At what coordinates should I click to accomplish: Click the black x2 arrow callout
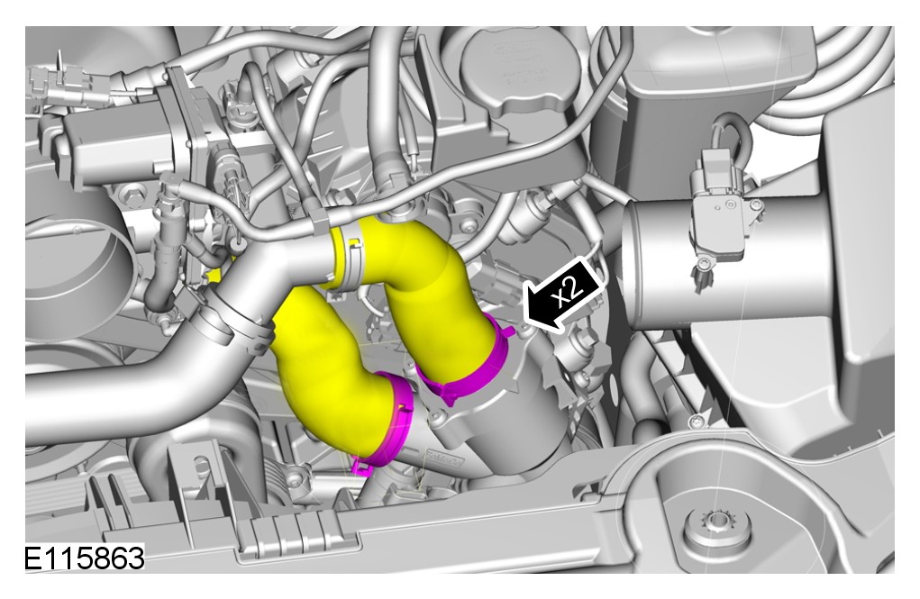tap(562, 295)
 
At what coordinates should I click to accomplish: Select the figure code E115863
tap(84, 558)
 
